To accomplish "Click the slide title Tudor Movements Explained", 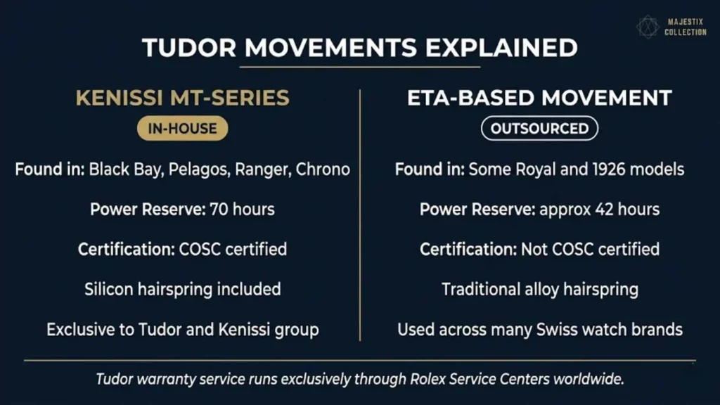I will click(359, 48).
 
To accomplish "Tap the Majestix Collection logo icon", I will click(648, 27).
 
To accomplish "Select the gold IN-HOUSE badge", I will click(182, 129).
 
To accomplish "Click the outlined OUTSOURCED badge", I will click(539, 129).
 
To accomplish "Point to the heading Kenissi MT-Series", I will click(182, 98).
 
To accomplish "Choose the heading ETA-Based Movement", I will click(539, 98).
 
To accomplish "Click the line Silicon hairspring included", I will click(182, 289).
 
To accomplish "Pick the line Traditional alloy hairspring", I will click(539, 289).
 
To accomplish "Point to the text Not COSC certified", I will click(590, 249).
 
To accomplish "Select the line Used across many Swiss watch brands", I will click(539, 329).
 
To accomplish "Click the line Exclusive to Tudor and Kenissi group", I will click(182, 329).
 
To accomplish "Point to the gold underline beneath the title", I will click(359, 67).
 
